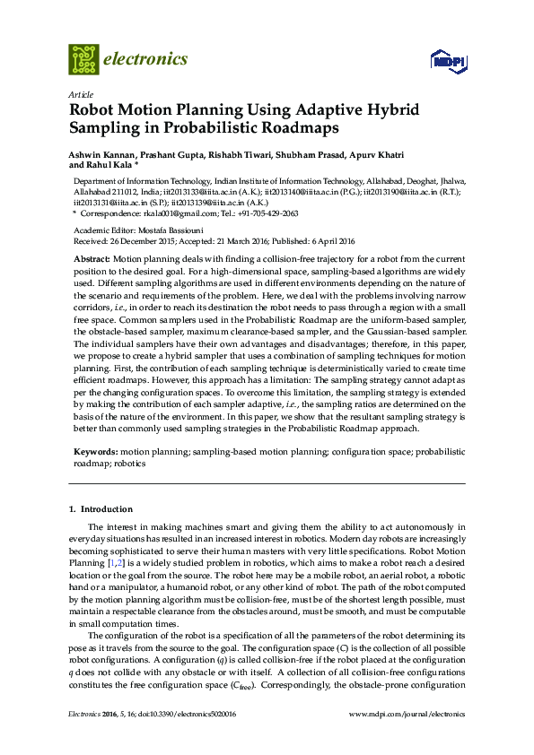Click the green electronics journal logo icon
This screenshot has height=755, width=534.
pos(83,59)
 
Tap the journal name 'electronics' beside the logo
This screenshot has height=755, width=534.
pos(145,59)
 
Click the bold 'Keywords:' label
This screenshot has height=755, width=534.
pos(95,454)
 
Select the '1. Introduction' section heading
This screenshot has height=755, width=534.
pos(101,509)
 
